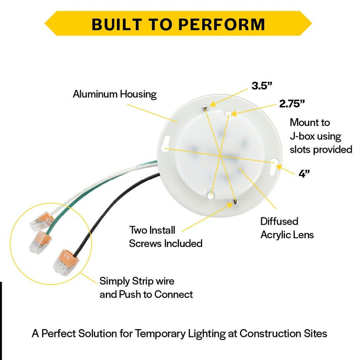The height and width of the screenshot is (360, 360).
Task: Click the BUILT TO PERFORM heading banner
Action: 178,24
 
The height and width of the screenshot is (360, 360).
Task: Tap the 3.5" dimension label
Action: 262,86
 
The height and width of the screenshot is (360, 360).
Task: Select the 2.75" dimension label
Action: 292,103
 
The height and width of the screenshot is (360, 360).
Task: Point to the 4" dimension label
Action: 304,174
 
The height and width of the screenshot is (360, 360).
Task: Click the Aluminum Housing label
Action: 115,94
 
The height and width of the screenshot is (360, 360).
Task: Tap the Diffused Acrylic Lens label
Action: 287,228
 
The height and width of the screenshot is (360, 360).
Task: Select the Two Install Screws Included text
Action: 166,237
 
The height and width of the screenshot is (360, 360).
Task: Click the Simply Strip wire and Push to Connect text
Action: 146,287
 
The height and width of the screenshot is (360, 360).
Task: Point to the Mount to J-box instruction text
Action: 321,136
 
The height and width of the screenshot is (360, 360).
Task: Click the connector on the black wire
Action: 66,262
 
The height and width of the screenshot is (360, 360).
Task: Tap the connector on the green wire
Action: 41,242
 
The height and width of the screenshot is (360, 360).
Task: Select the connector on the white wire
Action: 42,221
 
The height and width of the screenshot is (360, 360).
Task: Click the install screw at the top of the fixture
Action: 205,109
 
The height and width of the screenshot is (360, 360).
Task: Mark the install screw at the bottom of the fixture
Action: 235,202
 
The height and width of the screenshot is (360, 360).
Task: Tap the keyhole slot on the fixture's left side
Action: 166,143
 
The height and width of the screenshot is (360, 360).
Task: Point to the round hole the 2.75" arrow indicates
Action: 229,114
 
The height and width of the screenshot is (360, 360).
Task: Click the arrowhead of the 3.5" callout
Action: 212,104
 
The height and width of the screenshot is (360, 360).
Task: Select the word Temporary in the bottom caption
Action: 160,334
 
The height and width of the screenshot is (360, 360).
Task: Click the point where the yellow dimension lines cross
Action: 220,155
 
